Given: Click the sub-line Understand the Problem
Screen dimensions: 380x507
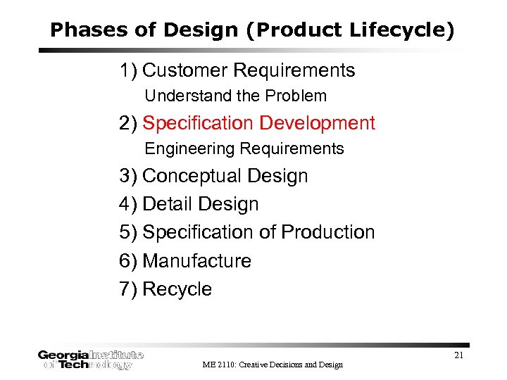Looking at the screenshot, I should (236, 96).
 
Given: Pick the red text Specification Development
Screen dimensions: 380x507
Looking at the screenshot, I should (258, 123).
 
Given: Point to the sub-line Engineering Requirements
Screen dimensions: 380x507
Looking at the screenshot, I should (244, 149).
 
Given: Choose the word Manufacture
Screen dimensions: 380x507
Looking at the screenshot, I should (196, 261).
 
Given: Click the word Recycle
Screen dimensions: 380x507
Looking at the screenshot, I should (177, 289).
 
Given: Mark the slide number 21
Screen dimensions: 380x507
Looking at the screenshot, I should (458, 355).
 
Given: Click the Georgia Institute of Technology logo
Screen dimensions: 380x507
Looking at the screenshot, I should (90, 360).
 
